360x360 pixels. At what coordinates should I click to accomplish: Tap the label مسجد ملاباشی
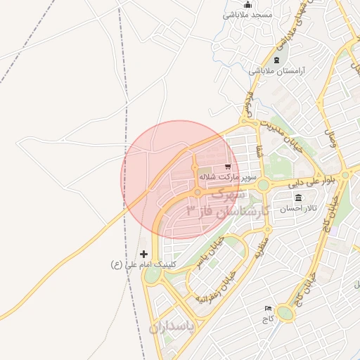click(x=247, y=15)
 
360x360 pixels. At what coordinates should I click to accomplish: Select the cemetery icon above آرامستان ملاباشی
click(x=276, y=60)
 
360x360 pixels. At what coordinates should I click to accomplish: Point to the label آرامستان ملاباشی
click(x=277, y=71)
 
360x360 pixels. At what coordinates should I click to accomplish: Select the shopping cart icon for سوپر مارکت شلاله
click(x=227, y=167)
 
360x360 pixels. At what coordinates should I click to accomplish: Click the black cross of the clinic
click(x=144, y=254)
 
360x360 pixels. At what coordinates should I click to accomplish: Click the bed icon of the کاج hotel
click(x=267, y=309)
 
